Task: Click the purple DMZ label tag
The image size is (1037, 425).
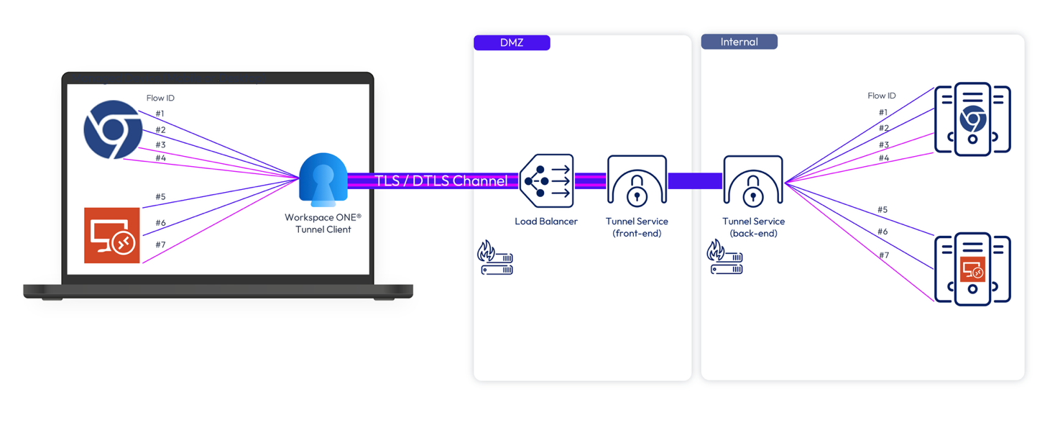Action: click(x=512, y=42)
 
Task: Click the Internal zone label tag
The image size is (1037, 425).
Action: click(x=739, y=42)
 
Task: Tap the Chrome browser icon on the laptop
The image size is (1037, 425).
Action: click(x=113, y=129)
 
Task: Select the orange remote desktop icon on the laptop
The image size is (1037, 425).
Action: click(x=112, y=235)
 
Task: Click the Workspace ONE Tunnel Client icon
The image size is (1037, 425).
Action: click(x=323, y=180)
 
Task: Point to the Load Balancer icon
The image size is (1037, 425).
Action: click(x=546, y=180)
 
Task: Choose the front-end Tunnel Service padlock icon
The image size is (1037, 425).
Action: click(x=637, y=180)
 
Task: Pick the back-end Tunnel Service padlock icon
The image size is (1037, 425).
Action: click(x=753, y=180)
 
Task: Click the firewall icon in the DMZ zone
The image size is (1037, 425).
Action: click(x=495, y=257)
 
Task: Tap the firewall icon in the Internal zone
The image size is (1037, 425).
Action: click(x=724, y=257)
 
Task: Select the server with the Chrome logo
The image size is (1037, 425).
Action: click(x=972, y=119)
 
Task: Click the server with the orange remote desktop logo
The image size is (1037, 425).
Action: click(x=972, y=269)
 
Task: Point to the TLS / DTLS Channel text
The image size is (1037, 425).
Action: click(x=441, y=180)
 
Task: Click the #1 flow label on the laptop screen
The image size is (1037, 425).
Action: click(x=160, y=114)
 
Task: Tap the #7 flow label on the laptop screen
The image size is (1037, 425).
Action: click(x=160, y=245)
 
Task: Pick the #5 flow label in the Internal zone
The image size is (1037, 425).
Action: click(x=882, y=209)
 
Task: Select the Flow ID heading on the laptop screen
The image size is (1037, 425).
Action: click(x=160, y=98)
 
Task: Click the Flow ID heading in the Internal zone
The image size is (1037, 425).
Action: click(x=882, y=96)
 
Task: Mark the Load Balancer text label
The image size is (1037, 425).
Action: click(x=546, y=221)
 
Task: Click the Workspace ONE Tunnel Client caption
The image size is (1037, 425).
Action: click(x=323, y=224)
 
